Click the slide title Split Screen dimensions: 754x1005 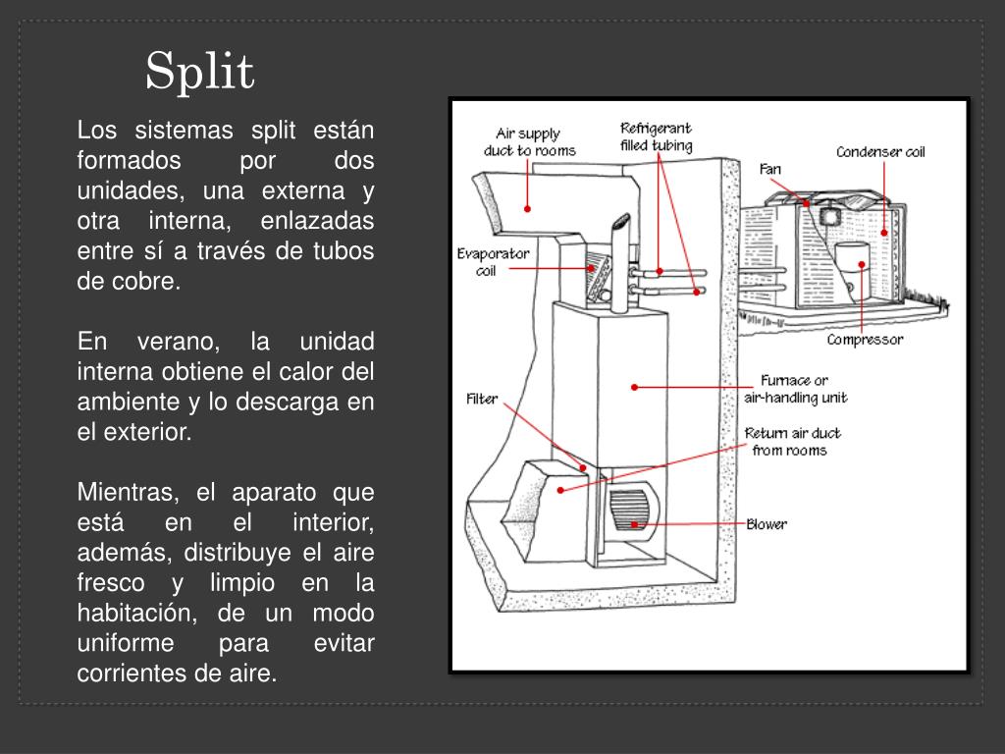point(200,72)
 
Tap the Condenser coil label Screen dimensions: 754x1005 point(880,152)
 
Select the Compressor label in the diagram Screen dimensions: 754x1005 point(864,340)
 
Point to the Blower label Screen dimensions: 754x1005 point(766,524)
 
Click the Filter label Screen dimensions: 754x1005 point(482,399)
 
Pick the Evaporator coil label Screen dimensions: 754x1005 point(493,262)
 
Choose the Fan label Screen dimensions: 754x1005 point(770,169)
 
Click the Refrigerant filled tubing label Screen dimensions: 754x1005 point(656,137)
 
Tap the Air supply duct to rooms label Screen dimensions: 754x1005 point(529,142)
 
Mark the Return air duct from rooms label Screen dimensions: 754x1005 point(792,442)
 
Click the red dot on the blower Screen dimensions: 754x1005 point(635,524)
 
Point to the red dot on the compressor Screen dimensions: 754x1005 point(862,263)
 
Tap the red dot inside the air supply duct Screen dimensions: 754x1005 point(527,208)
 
